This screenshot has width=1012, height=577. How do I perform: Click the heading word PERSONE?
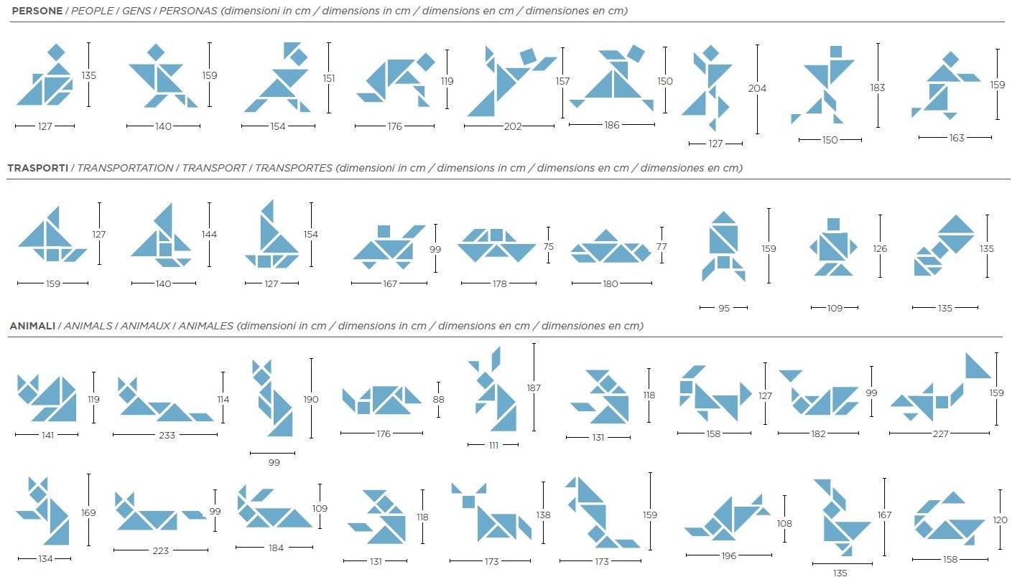coord(37,11)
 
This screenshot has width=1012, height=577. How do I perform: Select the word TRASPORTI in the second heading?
coord(38,168)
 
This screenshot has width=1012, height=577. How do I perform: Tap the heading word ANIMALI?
coord(32,326)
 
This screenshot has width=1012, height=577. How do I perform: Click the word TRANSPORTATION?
coord(125,168)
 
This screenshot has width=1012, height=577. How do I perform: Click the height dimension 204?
coord(757,88)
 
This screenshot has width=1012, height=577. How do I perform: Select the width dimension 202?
coord(513,126)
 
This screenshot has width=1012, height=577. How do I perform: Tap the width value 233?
coord(167,435)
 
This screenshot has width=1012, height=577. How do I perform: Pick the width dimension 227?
coord(941,434)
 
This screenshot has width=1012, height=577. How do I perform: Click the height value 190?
coord(311,399)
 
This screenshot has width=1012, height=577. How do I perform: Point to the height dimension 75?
coord(549,246)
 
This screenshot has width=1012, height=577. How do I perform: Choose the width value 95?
coord(724,308)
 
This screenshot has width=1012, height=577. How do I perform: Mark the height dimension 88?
coord(438,399)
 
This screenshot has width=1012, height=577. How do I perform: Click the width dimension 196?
coord(729,555)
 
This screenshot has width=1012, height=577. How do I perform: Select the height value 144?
coord(209,235)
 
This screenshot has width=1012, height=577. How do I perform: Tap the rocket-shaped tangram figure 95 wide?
coord(723,246)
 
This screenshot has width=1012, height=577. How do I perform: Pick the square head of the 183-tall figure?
coord(836,52)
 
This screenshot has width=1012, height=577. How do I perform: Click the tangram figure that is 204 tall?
coord(708,88)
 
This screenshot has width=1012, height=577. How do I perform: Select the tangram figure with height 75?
coord(496,245)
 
